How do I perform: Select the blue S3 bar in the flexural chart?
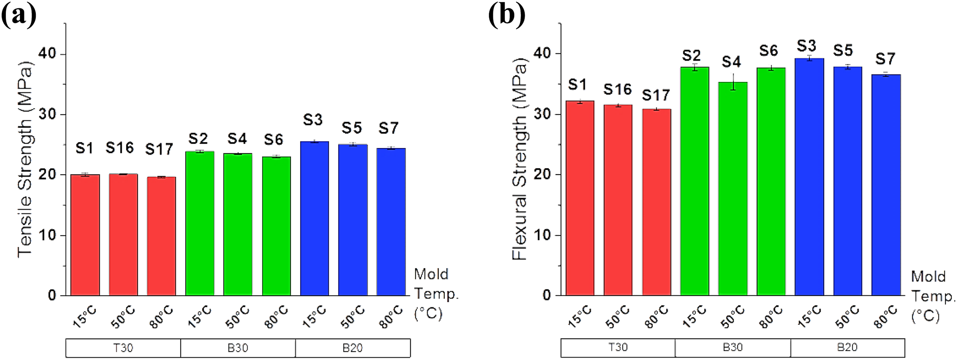(809, 177)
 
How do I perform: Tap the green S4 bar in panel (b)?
(733, 189)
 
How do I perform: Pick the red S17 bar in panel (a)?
(161, 236)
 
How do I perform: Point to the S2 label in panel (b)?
(691, 56)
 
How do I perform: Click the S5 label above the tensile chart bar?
(352, 128)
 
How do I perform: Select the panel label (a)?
(19, 15)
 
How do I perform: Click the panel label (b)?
(506, 15)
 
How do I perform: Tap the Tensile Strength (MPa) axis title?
(26, 159)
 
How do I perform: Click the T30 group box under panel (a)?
(123, 348)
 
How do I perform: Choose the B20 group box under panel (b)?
(848, 348)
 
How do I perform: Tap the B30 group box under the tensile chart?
(238, 348)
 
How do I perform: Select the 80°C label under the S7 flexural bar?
(885, 317)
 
